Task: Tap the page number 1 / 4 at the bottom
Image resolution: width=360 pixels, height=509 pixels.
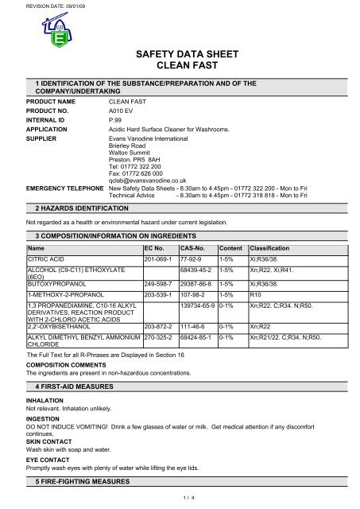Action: point(180,497)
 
